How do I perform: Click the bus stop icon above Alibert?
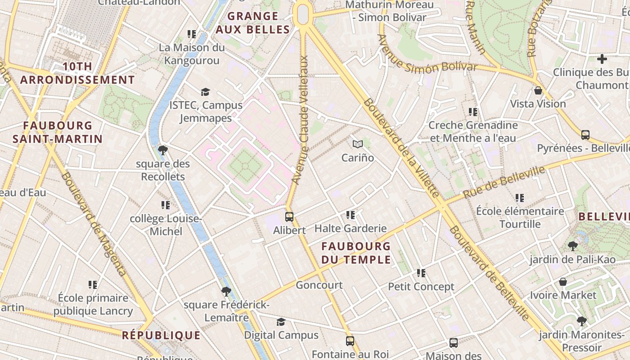click(289, 216)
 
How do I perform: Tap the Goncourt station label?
click(319, 285)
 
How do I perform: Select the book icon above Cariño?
click(358, 144)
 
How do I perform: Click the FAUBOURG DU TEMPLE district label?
click(356, 253)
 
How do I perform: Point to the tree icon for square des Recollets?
click(163, 150)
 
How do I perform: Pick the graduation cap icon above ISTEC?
click(206, 92)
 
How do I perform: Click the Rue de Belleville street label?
click(504, 182)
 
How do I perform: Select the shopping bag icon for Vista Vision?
click(538, 90)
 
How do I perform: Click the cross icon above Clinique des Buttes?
click(602, 59)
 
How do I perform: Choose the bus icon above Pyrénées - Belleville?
click(585, 135)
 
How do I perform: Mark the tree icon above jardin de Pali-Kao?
click(572, 246)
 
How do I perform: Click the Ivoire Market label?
click(563, 295)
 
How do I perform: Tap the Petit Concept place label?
click(421, 287)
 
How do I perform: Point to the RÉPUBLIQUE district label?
click(161, 335)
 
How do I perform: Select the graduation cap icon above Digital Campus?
click(281, 322)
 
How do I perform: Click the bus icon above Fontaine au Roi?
click(350, 341)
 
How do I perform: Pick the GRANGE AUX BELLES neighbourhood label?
click(252, 23)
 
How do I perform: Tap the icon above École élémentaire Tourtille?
click(520, 198)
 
